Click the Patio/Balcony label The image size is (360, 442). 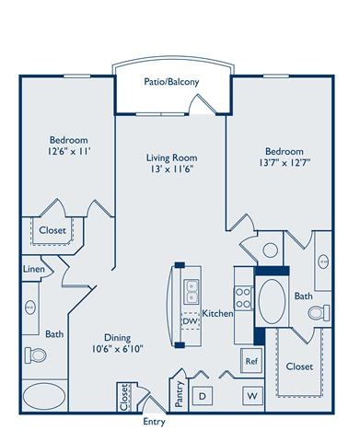pos(173,82)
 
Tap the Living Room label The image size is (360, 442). pos(172,157)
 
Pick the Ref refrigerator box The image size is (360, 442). pos(250,361)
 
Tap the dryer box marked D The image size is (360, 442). pos(205,395)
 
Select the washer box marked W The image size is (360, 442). pos(250,395)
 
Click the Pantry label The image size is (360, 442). pos(178,392)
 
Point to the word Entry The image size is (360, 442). pos(155,423)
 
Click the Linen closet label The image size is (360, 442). pos(32,268)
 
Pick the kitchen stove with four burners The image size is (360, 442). pos(246,297)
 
